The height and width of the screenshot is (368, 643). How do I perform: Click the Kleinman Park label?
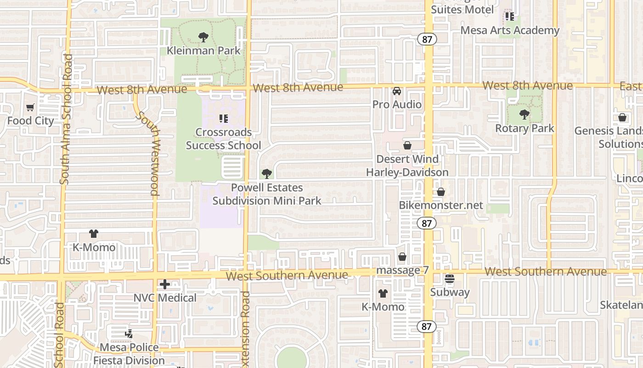(x=203, y=50)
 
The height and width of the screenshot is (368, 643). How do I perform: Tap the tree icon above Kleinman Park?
(x=203, y=37)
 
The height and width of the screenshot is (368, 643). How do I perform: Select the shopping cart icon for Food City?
(x=30, y=108)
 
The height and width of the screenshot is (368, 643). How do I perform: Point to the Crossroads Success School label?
(x=224, y=138)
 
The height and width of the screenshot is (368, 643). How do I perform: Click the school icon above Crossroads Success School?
(x=224, y=119)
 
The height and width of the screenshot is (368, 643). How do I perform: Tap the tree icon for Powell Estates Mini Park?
(x=266, y=173)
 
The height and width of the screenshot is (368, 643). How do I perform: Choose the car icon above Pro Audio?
(x=397, y=91)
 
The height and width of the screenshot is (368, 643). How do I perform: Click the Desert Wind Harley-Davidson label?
(x=407, y=166)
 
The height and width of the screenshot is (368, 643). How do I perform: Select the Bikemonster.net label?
(x=441, y=205)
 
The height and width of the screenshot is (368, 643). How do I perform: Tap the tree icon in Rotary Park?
(x=524, y=114)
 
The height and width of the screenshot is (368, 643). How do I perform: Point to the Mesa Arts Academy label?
(x=510, y=30)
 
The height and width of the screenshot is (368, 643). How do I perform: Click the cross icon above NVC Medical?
(x=165, y=284)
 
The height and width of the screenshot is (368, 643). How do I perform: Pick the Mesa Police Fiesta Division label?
(x=129, y=354)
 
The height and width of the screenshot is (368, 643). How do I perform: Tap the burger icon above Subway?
(x=450, y=279)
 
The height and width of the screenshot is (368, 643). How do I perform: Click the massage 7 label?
(x=402, y=270)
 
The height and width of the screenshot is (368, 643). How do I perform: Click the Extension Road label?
(x=246, y=329)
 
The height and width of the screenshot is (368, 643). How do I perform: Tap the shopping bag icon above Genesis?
(x=622, y=117)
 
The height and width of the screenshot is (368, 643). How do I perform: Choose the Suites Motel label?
(x=463, y=9)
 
